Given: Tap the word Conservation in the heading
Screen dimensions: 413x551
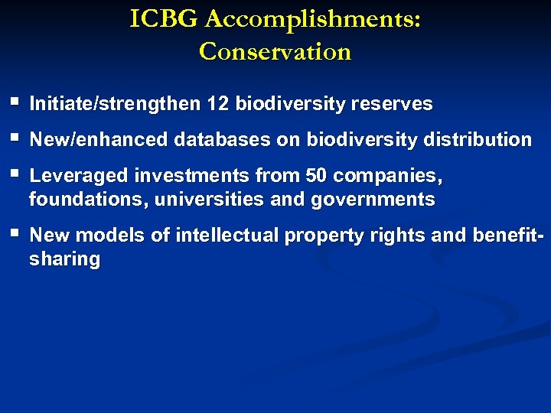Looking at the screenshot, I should pyautogui.click(x=275, y=51).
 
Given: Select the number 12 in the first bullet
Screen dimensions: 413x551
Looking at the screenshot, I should pyautogui.click(x=218, y=103).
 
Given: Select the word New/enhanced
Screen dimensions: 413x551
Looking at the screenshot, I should pyautogui.click(x=99, y=140).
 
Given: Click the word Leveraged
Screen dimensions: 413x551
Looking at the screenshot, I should pyautogui.click(x=79, y=176).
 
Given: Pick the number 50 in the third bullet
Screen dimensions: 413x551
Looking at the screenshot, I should pyautogui.click(x=316, y=176).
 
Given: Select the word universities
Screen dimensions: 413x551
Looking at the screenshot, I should pyautogui.click(x=201, y=200).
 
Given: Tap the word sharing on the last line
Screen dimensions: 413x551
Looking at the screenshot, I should pyautogui.click(x=64, y=260).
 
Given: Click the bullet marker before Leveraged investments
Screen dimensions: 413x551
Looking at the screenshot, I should pyautogui.click(x=15, y=174).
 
